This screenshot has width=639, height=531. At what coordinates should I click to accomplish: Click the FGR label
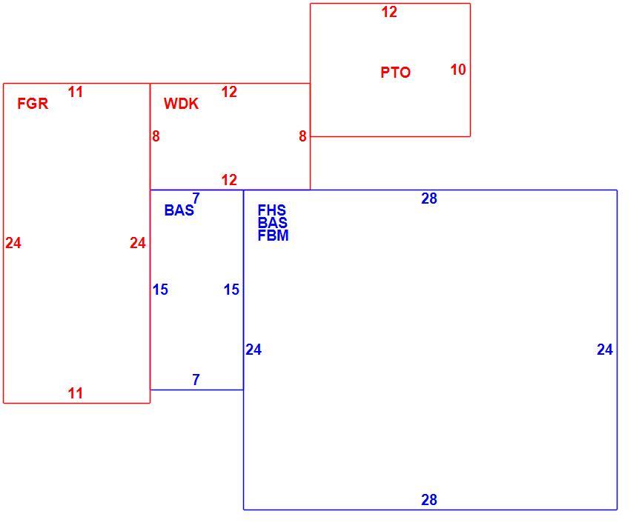pos(33,104)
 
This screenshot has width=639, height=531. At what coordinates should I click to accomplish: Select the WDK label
pos(181,104)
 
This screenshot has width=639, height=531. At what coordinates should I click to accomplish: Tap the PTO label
pos(395,73)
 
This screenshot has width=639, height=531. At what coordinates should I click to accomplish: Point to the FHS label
pos(272,210)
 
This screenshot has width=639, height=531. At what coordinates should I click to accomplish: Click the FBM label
pos(273,236)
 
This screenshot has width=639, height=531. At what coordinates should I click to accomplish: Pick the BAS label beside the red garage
pos(179,210)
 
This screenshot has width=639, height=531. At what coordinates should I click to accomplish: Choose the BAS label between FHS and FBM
pos(273,223)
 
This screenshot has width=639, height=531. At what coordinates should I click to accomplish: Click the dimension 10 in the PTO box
pos(458,70)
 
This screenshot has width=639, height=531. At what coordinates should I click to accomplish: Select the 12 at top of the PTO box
pos(389,12)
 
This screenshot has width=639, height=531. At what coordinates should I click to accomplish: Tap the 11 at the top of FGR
pos(76,92)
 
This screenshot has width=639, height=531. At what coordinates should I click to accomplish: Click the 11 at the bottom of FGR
pos(76,393)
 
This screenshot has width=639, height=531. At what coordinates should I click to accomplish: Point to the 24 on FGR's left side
pos(13,243)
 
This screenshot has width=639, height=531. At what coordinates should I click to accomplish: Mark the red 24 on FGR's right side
pos(138,243)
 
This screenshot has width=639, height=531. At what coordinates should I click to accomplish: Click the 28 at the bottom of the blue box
pos(429,500)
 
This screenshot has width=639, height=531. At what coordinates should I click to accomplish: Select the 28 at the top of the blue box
pos(429,198)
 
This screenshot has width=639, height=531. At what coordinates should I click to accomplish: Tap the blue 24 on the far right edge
pos(605,350)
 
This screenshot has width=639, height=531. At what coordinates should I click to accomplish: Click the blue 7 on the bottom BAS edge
pos(196,380)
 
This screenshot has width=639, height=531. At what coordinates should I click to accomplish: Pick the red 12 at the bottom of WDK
pos(229,180)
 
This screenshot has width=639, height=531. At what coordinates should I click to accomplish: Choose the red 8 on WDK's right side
pos(302,136)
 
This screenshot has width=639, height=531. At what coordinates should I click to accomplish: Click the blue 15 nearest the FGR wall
pos(160,290)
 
